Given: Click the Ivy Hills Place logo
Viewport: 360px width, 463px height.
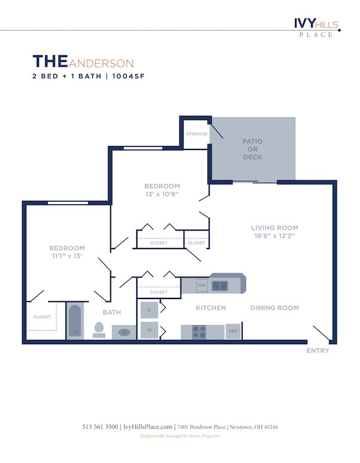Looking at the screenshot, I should click(316, 26).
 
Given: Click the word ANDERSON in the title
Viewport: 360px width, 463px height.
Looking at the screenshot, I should click(101, 63).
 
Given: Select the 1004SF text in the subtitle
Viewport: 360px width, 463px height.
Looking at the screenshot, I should click(129, 77).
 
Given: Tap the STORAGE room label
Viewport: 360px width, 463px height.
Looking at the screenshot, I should click(196, 134).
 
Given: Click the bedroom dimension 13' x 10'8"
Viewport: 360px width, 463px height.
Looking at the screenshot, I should click(162, 195).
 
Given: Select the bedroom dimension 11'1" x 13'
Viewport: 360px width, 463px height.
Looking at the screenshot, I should click(67, 256).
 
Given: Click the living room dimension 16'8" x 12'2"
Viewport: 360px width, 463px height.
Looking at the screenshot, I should click(274, 236).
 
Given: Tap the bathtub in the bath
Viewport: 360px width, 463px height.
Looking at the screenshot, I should click(75, 321).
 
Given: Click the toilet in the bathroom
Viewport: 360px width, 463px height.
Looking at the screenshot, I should click(99, 330).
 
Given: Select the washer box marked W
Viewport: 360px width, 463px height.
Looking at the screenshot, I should click(149, 330).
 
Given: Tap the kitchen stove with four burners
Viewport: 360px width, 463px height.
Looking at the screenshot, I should click(199, 331).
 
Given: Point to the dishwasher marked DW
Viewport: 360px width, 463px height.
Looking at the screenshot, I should click(202, 285).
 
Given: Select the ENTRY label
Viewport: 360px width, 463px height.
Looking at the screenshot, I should click(317, 351).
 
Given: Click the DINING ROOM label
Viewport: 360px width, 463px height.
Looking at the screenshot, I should click(274, 308).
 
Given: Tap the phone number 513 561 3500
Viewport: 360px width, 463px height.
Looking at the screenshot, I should click(100, 427).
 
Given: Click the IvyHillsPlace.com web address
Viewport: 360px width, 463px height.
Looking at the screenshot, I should click(148, 427).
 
